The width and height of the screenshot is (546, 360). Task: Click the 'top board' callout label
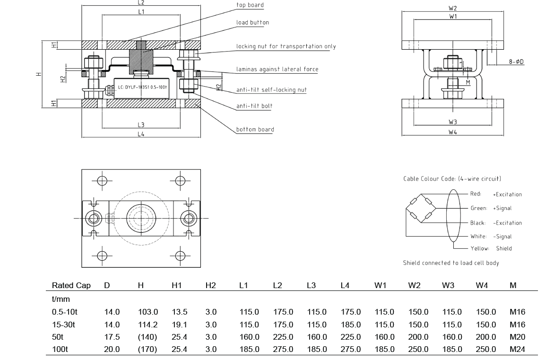pyautogui.click(x=250, y=5)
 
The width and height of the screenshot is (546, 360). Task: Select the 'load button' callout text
pyautogui.click(x=252, y=22)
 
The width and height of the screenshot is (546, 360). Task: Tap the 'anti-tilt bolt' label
pyautogui.click(x=254, y=105)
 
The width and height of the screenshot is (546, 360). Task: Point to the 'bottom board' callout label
pyautogui.click(x=255, y=129)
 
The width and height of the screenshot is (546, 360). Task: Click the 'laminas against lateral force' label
pyautogui.click(x=277, y=69)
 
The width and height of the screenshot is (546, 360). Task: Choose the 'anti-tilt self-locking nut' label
pyautogui.click(x=271, y=90)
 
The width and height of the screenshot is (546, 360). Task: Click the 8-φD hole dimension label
pyautogui.click(x=516, y=61)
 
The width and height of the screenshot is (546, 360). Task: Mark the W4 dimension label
pyautogui.click(x=452, y=132)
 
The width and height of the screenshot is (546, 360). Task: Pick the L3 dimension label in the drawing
pyautogui.click(x=141, y=125)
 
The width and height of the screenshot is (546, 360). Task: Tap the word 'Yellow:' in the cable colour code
pyautogui.click(x=479, y=248)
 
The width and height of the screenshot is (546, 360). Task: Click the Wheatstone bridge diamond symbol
pyautogui.click(x=420, y=209)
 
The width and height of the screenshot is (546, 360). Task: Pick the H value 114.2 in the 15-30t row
pyautogui.click(x=147, y=325)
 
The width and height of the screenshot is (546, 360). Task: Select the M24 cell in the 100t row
pyautogui.click(x=517, y=349)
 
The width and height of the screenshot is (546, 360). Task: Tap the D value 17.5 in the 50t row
pyautogui.click(x=112, y=337)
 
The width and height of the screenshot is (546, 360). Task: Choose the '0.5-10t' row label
pyautogui.click(x=65, y=312)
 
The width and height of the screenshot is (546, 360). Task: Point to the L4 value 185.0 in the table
pyautogui.click(x=350, y=325)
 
